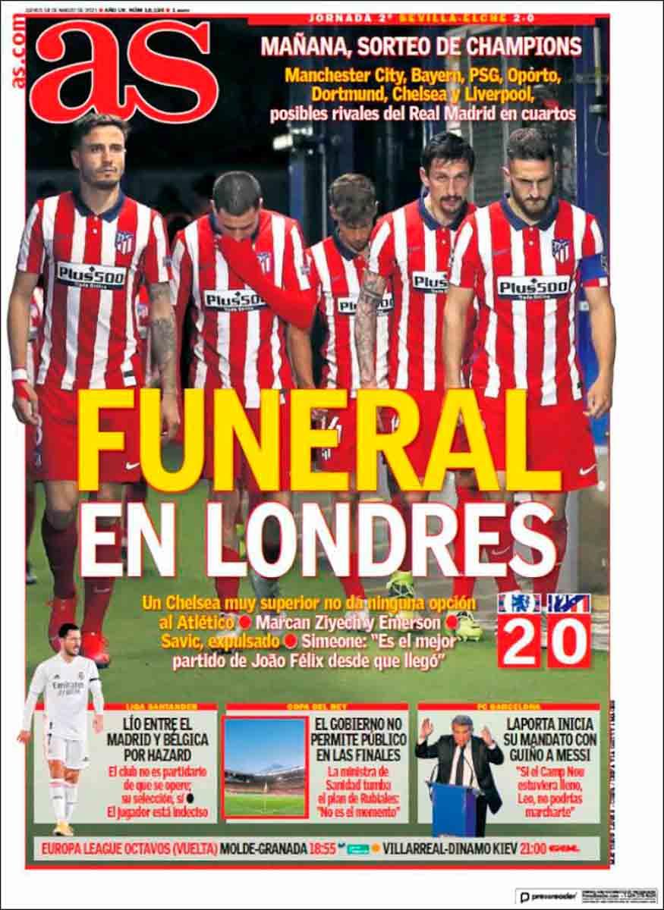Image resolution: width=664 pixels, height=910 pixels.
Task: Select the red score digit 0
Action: (568, 641)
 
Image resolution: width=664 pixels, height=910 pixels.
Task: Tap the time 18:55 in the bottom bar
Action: (323, 848)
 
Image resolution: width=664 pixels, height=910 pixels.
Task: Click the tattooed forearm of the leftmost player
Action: (162, 334)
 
